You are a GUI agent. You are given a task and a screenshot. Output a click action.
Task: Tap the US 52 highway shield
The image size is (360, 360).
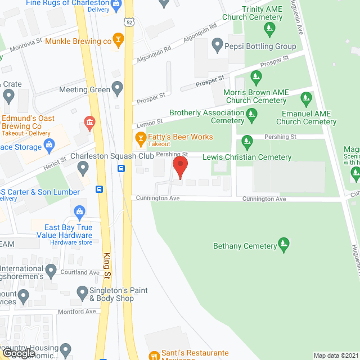pyautogui.click(x=129, y=22)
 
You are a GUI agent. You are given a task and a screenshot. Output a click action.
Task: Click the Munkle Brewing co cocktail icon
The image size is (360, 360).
pyautogui.click(x=118, y=39)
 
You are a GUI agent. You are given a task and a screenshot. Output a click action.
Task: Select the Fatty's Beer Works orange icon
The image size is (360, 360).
pyautogui.click(x=140, y=137)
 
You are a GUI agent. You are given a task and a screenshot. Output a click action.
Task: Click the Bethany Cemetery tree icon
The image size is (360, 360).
pyautogui.click(x=285, y=245)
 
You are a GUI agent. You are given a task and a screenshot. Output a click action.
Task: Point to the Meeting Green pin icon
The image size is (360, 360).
pyautogui.click(x=117, y=88)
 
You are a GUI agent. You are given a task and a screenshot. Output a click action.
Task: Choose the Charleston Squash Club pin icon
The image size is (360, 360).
pyautogui.click(x=83, y=167)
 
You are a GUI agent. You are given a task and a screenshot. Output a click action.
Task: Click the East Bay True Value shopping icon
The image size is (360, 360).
pyautogui.click(x=79, y=211)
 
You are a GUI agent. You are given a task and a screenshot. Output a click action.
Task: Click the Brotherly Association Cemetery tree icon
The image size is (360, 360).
pyautogui.click(x=251, y=116)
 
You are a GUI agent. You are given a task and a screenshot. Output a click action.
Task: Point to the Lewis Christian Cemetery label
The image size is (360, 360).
pyautogui.click(x=247, y=157)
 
